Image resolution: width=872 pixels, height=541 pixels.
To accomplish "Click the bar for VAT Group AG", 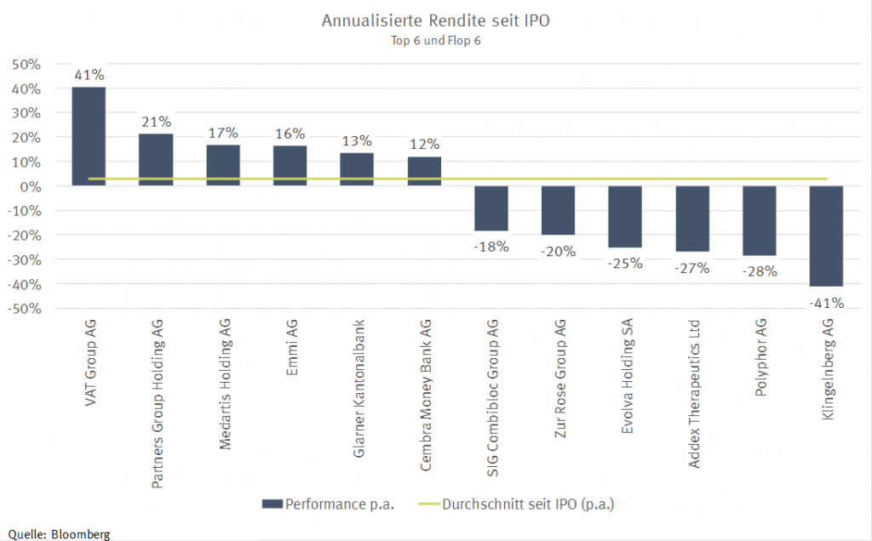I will (89, 136).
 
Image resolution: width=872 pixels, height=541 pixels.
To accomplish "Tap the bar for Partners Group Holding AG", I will (156, 160).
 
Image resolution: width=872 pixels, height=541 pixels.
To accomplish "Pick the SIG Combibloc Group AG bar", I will (490, 208).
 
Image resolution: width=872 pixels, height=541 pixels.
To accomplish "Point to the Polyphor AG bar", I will (759, 220).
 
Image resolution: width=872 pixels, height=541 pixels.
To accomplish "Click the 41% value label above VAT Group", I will (89, 75).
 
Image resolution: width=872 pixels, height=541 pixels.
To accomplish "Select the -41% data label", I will (826, 302).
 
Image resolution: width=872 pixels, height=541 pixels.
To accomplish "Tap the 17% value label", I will (223, 133).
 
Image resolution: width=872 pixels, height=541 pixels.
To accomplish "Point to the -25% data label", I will (624, 263).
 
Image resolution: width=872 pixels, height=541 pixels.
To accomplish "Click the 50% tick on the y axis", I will (26, 65).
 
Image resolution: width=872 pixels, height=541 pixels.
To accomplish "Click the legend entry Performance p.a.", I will (329, 504).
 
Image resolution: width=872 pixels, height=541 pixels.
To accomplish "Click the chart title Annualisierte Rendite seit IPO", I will (435, 20).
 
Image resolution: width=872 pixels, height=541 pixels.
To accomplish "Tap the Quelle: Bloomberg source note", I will (59, 533).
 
